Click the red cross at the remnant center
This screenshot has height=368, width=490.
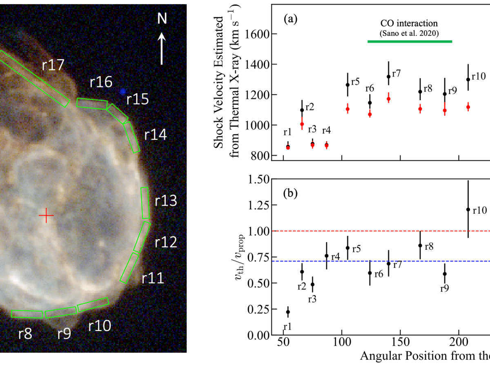click(x=46, y=215)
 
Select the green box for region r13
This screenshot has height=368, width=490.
click(x=145, y=203)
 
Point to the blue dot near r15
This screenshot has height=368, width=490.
click(x=122, y=92)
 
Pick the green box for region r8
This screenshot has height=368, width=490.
click(x=27, y=314)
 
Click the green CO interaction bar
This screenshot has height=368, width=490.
click(x=410, y=41)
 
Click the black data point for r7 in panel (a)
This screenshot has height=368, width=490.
click(x=388, y=76)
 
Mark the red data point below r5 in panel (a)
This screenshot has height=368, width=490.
click(x=347, y=109)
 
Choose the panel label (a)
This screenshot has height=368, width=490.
click(x=291, y=19)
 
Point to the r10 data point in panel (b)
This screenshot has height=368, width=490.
click(x=468, y=209)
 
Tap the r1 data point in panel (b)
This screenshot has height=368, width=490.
click(x=288, y=312)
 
